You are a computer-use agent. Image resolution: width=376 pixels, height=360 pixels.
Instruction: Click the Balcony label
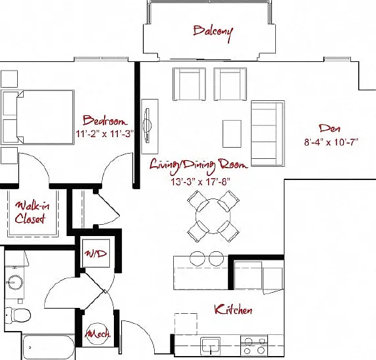click(213, 33)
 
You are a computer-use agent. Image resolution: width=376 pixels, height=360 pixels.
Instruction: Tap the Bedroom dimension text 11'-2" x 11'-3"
click(105, 134)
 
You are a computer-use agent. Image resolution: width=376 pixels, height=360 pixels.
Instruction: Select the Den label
click(330, 129)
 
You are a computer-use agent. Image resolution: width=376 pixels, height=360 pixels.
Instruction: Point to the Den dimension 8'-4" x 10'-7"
click(331, 142)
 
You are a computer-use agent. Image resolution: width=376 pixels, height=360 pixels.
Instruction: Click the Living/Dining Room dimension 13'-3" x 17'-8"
click(201, 182)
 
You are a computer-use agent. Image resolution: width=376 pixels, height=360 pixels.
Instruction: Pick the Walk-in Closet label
click(32, 212)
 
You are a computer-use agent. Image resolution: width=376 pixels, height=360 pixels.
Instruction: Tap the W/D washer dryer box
click(96, 253)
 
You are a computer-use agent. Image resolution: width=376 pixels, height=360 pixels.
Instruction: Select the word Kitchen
click(233, 310)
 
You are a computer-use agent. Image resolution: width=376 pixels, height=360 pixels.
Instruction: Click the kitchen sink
click(210, 346)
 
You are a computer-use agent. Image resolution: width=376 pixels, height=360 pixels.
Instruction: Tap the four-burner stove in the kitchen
click(254, 346)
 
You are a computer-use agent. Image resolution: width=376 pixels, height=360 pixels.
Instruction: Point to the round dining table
click(213, 216)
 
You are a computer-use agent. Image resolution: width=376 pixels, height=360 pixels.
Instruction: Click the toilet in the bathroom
click(18, 315)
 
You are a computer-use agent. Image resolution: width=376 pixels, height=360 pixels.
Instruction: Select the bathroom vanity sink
click(15, 282)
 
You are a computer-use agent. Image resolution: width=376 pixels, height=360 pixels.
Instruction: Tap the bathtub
click(48, 347)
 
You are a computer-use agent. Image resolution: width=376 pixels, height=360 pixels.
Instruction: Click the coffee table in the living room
click(232, 134)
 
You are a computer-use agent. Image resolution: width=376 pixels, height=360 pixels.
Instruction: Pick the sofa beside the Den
click(267, 133)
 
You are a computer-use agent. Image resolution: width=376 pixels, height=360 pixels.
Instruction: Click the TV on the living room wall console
click(148, 125)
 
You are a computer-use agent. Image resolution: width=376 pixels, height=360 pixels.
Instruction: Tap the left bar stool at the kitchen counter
click(198, 258)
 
